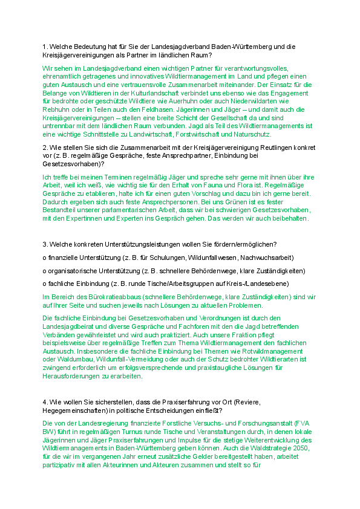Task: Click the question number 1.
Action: tap(44, 47)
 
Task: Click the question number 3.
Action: tap(44, 244)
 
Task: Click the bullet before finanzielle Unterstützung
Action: tap(45, 257)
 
